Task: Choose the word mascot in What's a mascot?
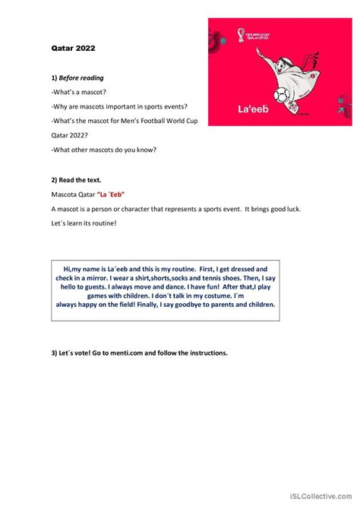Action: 99,92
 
